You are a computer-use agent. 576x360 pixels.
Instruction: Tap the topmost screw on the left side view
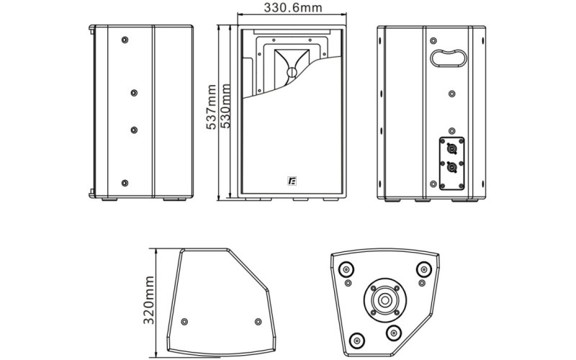[x=125, y=38]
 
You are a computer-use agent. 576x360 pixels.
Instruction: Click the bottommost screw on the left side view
[x=125, y=184]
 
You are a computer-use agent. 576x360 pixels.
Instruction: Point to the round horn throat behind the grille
[x=292, y=73]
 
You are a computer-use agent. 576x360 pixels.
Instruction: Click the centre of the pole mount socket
[x=384, y=300]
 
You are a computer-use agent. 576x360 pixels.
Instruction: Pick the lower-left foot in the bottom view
[x=357, y=339]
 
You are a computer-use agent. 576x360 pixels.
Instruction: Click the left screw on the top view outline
[x=185, y=320]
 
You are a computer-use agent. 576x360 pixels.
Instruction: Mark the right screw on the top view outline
[x=258, y=320]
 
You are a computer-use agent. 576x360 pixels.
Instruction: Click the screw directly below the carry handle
[x=451, y=93]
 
